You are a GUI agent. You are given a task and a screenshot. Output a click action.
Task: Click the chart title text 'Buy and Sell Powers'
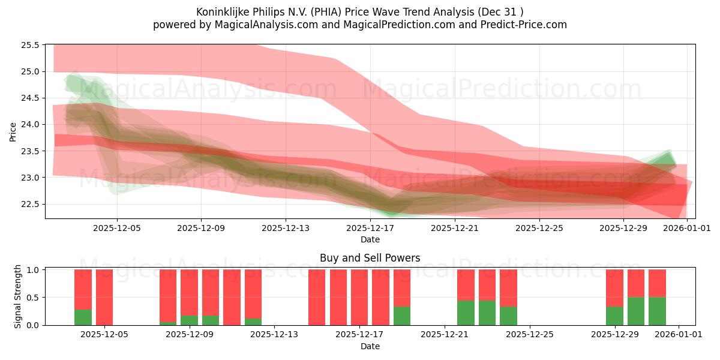370,258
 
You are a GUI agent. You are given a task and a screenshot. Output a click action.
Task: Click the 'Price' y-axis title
13,131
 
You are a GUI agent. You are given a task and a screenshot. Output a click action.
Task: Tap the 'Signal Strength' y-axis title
18,296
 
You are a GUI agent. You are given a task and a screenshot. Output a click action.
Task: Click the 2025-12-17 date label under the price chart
370,228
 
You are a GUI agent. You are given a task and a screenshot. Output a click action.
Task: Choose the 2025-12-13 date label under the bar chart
274,335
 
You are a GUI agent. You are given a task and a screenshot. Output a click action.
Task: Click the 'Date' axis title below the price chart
370,239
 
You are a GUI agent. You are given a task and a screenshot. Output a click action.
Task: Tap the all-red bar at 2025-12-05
104,297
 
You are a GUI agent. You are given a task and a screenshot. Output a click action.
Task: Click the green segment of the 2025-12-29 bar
614,316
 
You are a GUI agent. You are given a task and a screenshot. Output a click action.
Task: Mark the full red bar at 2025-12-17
359,297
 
